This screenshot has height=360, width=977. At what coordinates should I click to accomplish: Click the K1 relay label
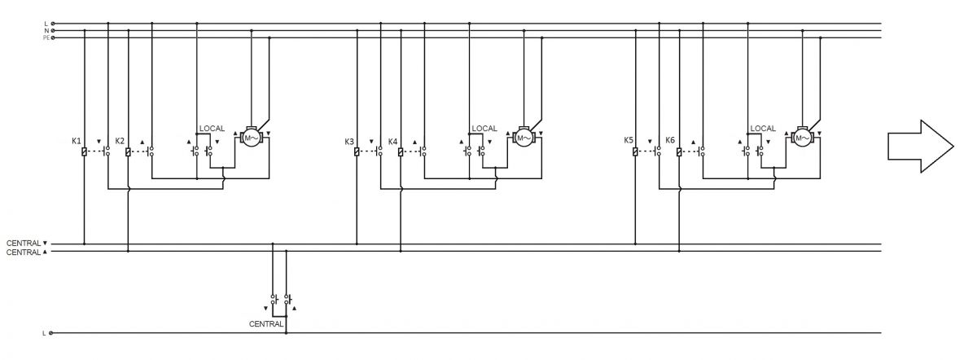pos(77,141)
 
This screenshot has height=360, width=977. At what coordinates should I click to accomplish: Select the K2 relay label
pos(120,141)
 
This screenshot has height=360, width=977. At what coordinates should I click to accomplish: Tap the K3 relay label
pos(349,142)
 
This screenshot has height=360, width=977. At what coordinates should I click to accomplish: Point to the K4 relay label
pos(392,142)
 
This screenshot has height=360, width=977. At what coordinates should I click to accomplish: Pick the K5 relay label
pos(628,140)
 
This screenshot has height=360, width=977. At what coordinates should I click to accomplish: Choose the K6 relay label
pos(670,140)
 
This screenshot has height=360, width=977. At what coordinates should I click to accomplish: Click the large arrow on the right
pos(921,146)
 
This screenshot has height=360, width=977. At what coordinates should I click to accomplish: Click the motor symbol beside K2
pos(252,138)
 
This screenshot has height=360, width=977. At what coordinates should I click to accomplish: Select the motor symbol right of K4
pos(524,138)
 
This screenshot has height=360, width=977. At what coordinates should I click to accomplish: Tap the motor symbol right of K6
pos(802,138)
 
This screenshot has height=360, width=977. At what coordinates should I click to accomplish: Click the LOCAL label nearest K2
pos(212,129)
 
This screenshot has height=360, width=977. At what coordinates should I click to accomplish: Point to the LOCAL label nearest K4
pos(484,129)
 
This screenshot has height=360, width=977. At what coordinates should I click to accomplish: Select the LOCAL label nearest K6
pos(763,129)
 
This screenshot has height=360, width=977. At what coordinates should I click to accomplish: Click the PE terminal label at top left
pos(46,38)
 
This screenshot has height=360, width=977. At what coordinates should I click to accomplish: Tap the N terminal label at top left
pos(46,31)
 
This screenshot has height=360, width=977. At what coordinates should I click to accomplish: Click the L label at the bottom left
pos(44,333)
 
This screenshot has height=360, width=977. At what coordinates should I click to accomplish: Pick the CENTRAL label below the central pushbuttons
pos(266,324)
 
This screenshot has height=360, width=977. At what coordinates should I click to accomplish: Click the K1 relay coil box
pos(84,151)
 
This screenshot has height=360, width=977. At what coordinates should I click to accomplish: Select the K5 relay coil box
pos(635,151)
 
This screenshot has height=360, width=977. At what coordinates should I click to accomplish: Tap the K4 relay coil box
pos(401,151)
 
